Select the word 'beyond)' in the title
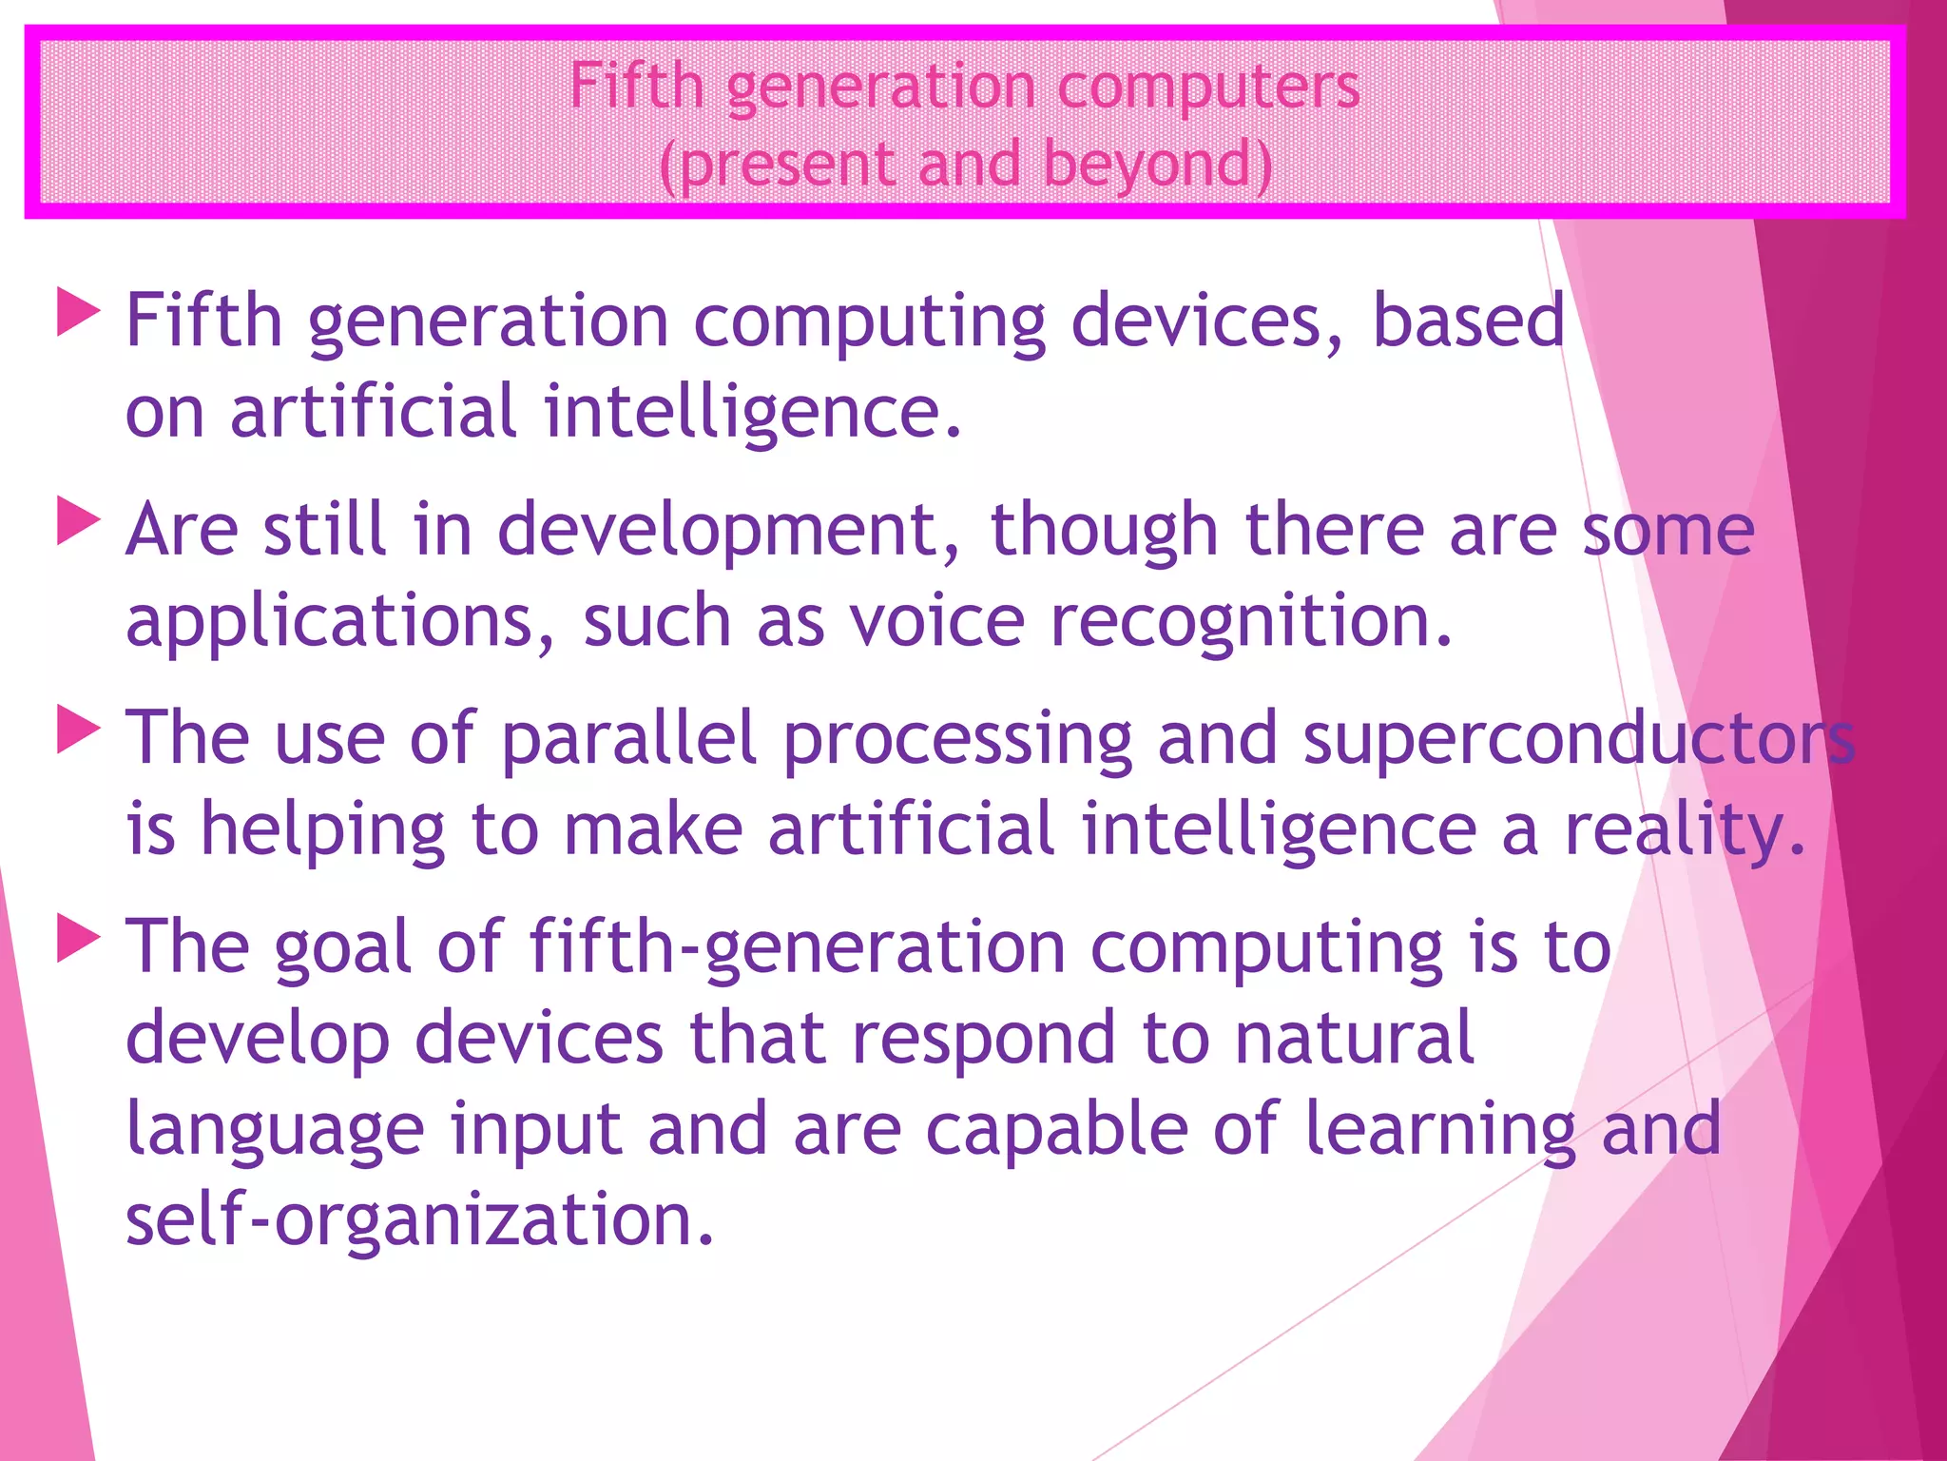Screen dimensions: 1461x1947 [x=1157, y=165]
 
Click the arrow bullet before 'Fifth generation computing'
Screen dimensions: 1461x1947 [x=78, y=313]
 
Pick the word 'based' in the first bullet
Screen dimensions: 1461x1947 [x=1468, y=321]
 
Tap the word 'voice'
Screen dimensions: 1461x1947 [x=937, y=621]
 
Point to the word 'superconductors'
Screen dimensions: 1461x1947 [x=1578, y=740]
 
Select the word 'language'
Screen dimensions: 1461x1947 [x=275, y=1130]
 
